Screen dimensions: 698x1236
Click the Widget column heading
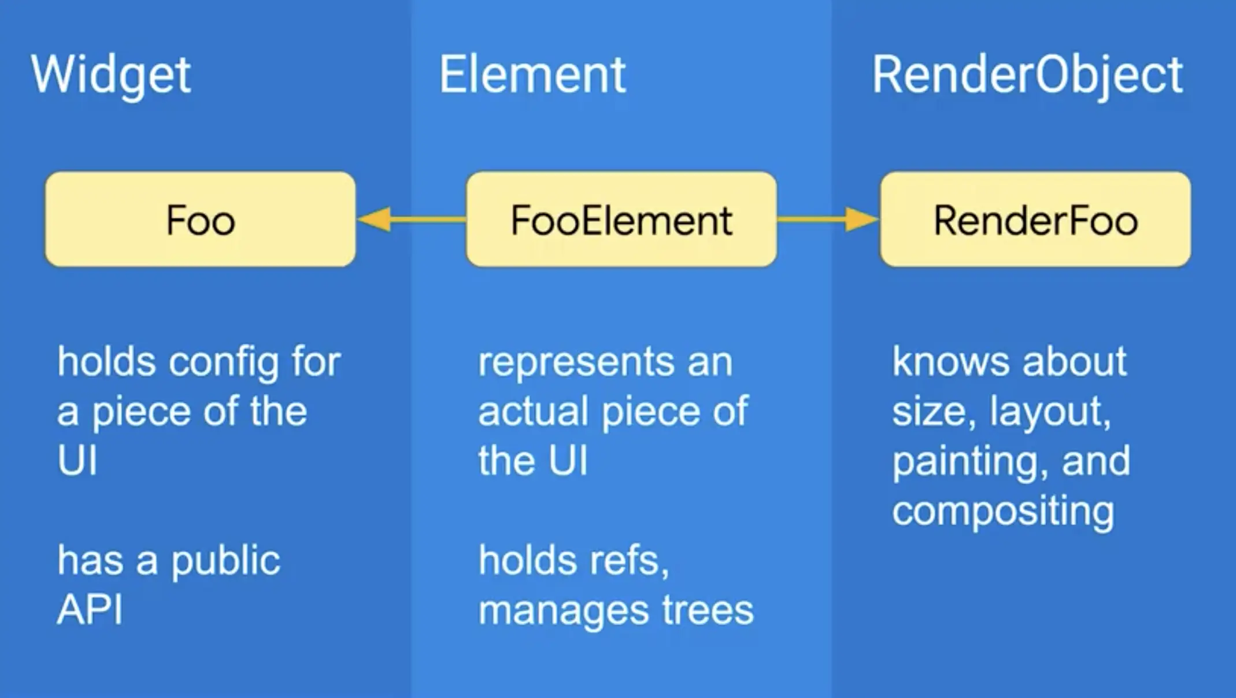[110, 75]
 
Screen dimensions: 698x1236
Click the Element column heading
[532, 75]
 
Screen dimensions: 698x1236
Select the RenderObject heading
[1027, 75]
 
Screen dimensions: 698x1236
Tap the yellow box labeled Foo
[200, 220]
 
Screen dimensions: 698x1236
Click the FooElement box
[621, 220]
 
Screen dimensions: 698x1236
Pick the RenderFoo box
[1035, 220]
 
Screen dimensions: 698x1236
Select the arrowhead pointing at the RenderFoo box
[861, 220]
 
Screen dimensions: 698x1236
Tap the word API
[90, 610]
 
